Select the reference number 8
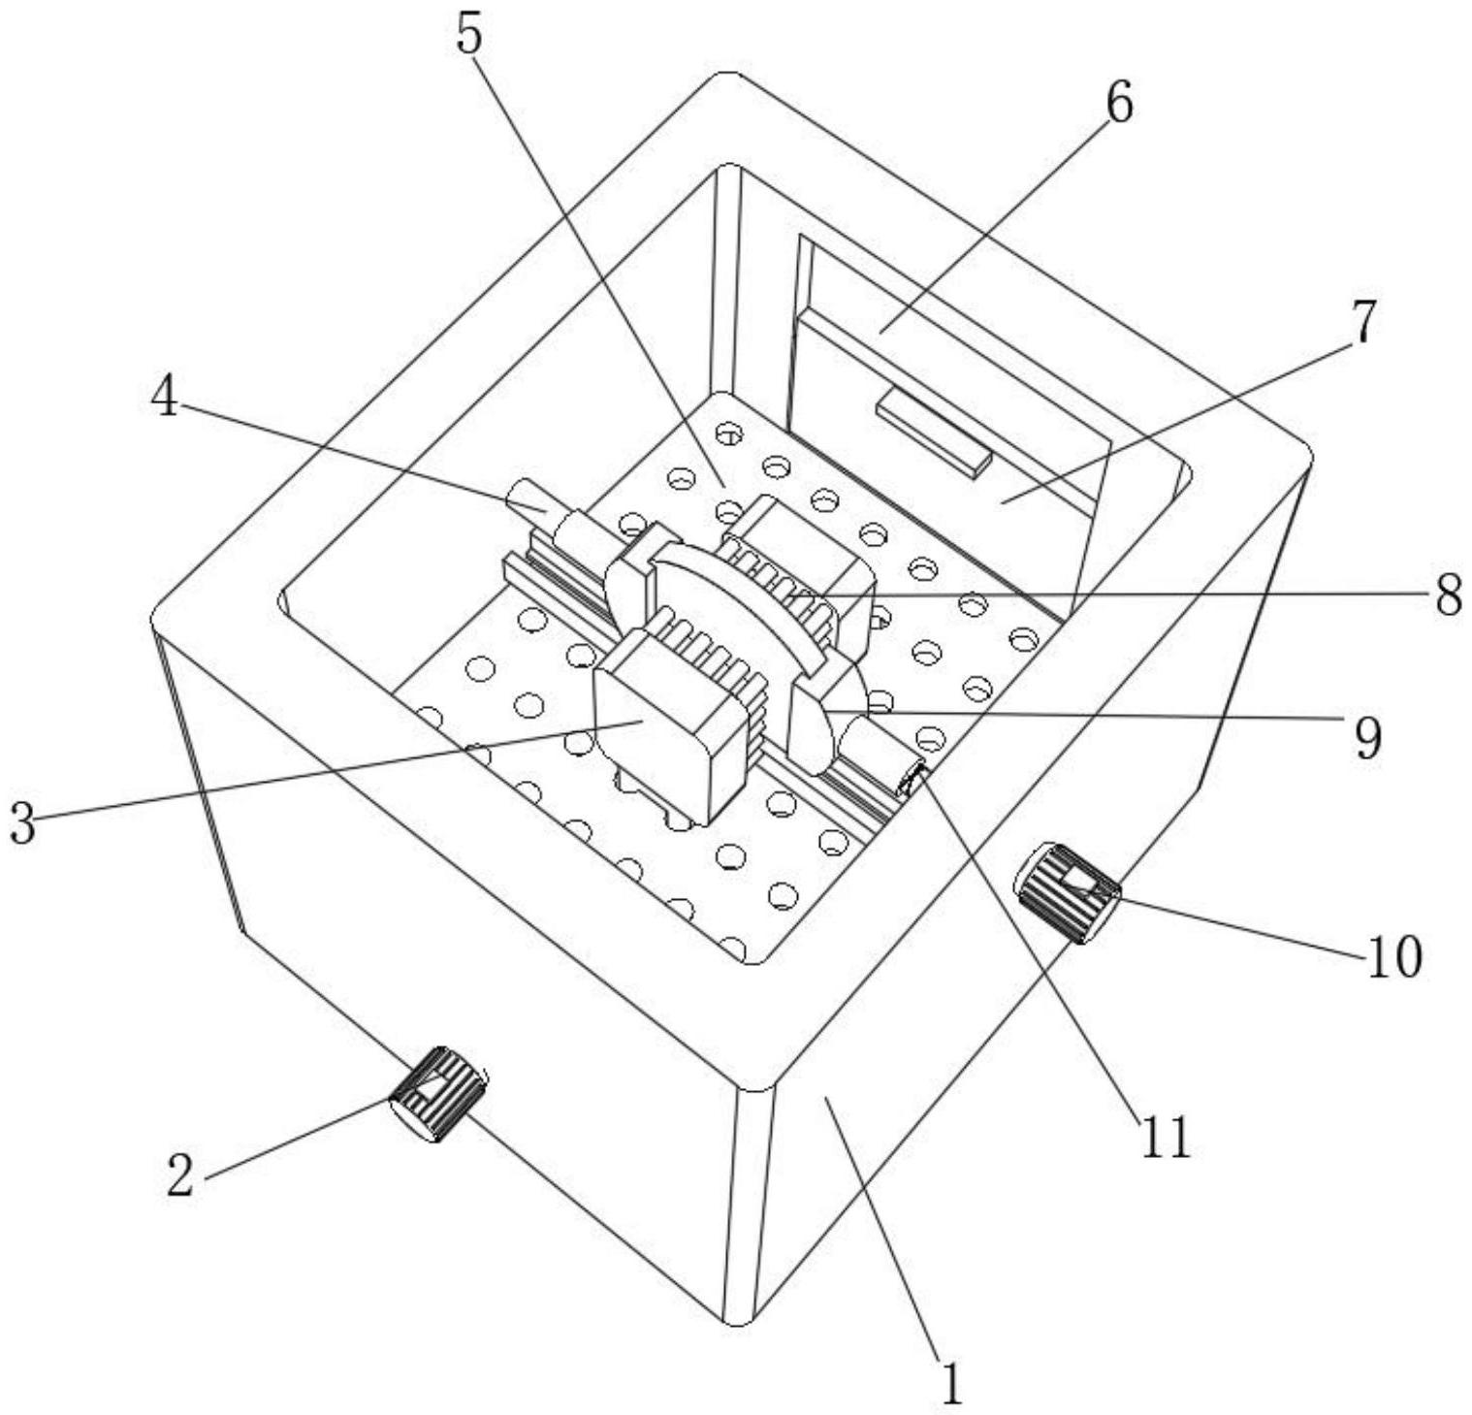[1449, 595]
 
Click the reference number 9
[1366, 739]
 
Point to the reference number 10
[1394, 955]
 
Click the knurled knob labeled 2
[437, 1094]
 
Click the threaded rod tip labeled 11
[912, 778]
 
